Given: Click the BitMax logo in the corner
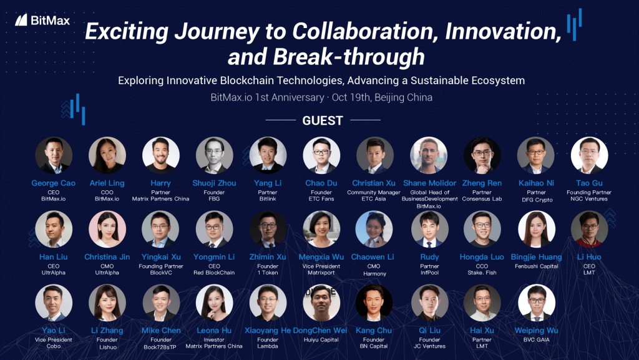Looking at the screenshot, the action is point(42,20).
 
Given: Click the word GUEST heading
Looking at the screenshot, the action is point(323,120).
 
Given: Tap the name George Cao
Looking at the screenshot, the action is point(54,183).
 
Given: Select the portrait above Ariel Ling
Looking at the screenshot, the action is point(107,155).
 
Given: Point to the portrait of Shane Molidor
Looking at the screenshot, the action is point(429,155).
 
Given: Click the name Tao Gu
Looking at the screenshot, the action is point(589,183).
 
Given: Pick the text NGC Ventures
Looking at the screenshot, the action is point(589,199).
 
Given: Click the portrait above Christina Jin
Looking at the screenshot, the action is point(107,229).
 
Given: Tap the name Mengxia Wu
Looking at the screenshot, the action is point(321,257).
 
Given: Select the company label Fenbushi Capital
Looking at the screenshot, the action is point(536,266).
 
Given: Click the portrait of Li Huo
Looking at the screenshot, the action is point(589,229).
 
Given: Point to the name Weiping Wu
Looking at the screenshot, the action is point(536,330).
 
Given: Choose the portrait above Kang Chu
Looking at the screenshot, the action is point(374,303).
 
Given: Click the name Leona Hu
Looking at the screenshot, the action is point(214,330).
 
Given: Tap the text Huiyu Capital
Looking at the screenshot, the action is point(321,339).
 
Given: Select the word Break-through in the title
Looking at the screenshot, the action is point(349,56).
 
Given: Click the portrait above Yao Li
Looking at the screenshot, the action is point(54,303).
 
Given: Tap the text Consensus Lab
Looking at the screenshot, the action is point(482,199).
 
